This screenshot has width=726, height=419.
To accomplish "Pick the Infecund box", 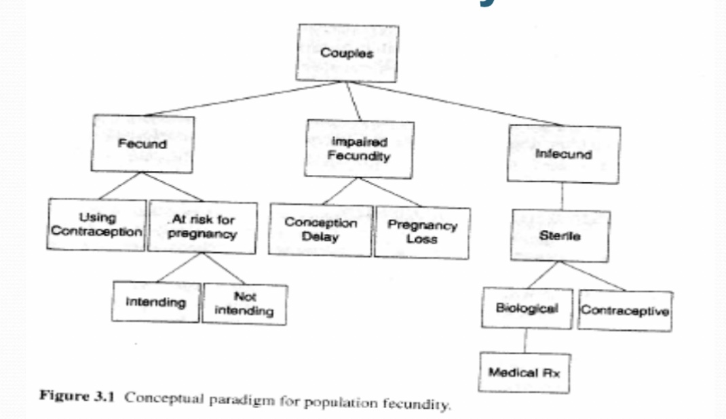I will click(x=564, y=154).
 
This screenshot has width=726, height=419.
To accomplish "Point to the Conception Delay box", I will click(x=320, y=230).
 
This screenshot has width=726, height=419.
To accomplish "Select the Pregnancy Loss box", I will click(x=422, y=233).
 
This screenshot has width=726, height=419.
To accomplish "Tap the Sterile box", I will click(x=562, y=236).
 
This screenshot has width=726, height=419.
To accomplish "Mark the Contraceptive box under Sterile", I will click(x=624, y=311).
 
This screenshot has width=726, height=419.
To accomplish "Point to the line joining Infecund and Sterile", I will click(x=562, y=196).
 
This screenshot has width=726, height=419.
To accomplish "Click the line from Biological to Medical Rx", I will click(x=524, y=340).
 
